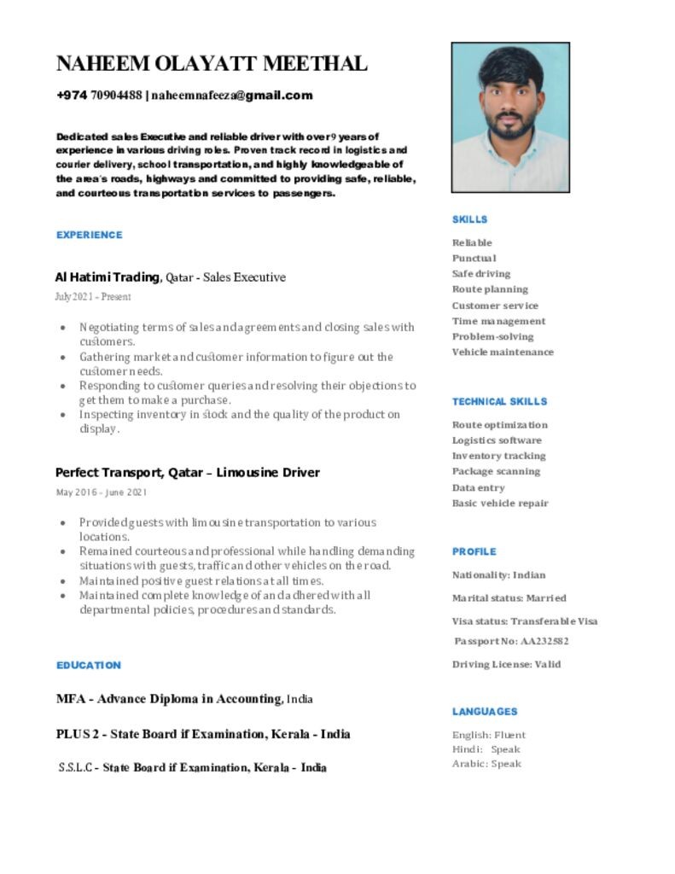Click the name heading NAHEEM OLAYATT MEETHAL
coord(212,63)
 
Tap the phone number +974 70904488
coord(99,96)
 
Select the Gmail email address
coord(232,96)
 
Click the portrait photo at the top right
coord(510,118)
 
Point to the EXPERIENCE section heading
coord(90,235)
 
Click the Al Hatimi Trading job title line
coord(171,277)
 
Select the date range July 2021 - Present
coord(93,297)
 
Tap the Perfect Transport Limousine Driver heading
coord(188,473)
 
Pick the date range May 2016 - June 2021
coord(102,492)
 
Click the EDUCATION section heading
coord(89,665)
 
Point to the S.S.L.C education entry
coord(192,767)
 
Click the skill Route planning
coord(490,289)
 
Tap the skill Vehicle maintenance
coord(503,352)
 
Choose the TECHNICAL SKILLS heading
coord(499,401)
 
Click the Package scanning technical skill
coord(496,471)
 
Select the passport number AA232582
coord(512,641)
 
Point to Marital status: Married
coord(509,597)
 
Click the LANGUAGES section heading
coord(485,711)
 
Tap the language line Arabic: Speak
coord(486,764)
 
